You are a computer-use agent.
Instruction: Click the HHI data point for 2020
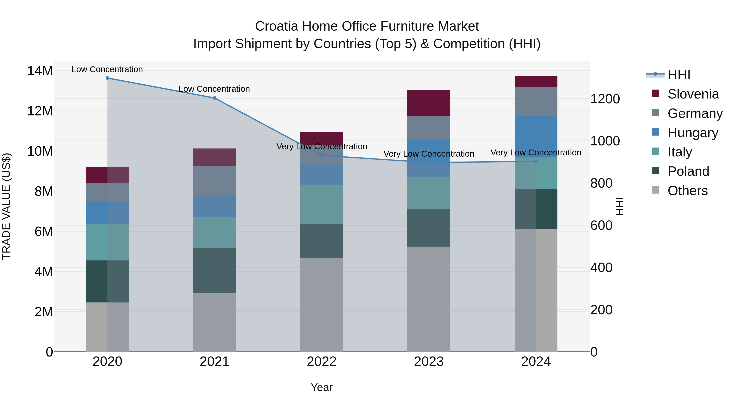[107, 78]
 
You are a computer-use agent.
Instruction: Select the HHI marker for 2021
[214, 98]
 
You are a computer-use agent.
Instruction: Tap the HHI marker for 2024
[536, 162]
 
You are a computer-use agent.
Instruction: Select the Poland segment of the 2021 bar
[214, 270]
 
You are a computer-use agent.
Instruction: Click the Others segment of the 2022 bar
[322, 305]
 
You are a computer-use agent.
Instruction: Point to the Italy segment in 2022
[322, 204]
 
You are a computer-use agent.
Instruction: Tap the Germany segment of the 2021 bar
[214, 180]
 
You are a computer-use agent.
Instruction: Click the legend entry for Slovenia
[693, 94]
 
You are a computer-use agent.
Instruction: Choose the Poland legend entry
[688, 171]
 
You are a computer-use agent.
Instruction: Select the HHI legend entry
[679, 75]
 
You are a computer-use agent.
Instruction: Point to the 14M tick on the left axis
[40, 71]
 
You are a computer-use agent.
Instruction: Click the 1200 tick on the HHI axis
[605, 99]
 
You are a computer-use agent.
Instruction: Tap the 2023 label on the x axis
[429, 362]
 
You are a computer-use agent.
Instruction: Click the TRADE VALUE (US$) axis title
[6, 206]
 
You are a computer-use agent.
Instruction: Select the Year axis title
[322, 387]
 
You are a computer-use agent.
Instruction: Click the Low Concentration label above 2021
[214, 89]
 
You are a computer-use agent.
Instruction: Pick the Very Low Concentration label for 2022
[322, 146]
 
